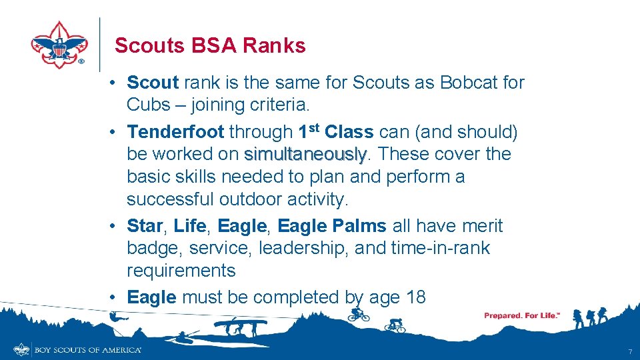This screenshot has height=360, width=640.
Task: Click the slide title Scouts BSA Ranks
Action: point(210,45)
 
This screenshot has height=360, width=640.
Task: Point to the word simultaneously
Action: point(305,154)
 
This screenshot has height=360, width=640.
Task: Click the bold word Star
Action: point(144,226)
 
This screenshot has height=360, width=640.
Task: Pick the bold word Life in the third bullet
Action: point(189,226)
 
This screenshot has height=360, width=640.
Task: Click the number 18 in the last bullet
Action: point(415,297)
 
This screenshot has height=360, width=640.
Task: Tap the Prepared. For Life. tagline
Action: point(521,315)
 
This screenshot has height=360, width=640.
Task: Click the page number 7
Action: point(629,351)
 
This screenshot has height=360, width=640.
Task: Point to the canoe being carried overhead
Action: point(240,324)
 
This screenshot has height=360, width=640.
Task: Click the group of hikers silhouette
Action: point(590,317)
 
